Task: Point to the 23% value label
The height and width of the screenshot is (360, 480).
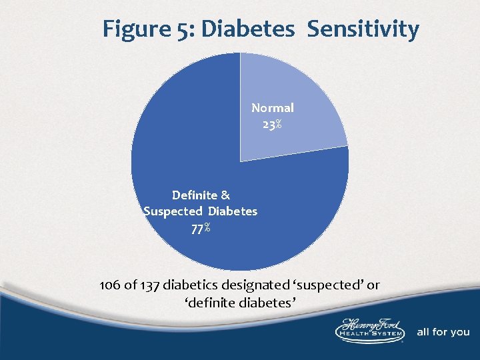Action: [x=271, y=124]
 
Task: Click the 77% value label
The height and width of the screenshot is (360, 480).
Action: [x=201, y=227]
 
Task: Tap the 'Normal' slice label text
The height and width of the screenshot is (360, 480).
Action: [x=272, y=107]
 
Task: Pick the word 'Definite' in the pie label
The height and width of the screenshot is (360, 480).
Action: [x=194, y=195]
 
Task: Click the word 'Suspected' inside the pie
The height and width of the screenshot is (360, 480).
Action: [x=173, y=211]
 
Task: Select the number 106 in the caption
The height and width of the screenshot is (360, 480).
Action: [x=109, y=285]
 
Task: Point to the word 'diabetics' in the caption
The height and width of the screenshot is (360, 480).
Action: [x=193, y=285]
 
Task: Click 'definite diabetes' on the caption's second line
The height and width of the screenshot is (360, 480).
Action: [x=240, y=303]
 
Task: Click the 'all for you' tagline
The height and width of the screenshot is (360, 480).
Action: [x=443, y=332]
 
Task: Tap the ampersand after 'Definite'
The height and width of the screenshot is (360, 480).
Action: [x=225, y=195]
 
